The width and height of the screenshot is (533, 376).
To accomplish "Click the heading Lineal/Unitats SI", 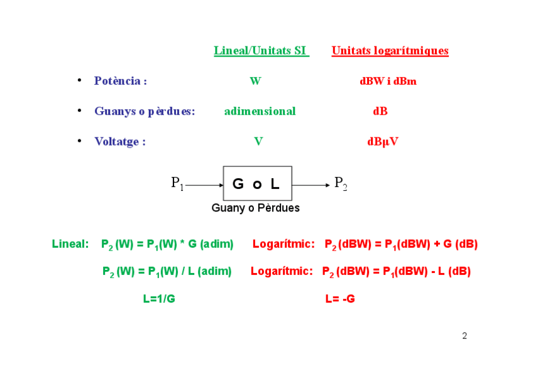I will click(x=261, y=51).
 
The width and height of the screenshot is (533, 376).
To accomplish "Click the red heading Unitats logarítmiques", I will click(x=390, y=51).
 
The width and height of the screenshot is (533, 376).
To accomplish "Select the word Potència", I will click(x=120, y=81).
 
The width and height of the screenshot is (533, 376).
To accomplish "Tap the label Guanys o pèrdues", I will click(x=145, y=111).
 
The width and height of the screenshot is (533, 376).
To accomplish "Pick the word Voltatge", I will click(x=119, y=141).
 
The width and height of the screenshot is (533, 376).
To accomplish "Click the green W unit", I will click(x=255, y=81).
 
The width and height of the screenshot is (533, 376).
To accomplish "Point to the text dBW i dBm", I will click(x=388, y=81).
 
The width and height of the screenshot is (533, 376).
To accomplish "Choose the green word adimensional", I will click(x=260, y=111).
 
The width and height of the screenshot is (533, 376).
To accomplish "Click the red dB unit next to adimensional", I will click(x=380, y=111).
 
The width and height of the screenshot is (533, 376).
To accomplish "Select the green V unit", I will click(x=258, y=141).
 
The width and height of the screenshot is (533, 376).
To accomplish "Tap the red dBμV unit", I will click(x=382, y=141).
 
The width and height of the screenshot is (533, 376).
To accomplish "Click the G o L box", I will click(x=257, y=183).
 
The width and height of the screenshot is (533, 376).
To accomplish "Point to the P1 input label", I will click(x=177, y=183).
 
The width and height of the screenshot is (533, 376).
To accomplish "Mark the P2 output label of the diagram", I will click(x=341, y=183).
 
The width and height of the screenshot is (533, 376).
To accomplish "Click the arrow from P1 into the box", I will click(x=204, y=185).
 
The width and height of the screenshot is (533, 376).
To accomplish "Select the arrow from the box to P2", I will click(x=311, y=185).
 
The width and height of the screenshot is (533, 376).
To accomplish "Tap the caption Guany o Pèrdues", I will click(x=255, y=208).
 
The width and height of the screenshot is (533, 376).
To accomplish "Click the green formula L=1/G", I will click(x=158, y=299).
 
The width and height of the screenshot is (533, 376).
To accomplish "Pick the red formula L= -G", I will click(x=340, y=299).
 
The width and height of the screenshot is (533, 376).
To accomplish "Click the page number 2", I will click(x=464, y=336).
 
